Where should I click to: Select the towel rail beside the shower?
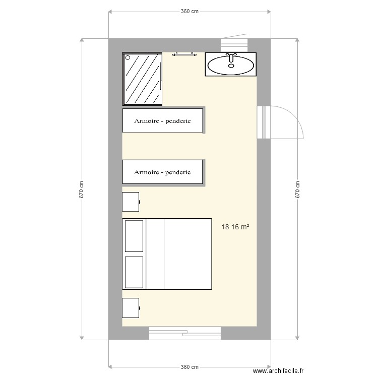pos(183,54)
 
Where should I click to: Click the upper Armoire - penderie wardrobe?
pos(162,121)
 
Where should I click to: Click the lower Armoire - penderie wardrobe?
pos(162,172)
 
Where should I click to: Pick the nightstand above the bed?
pos(131,201)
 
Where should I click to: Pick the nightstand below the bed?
pos(131,307)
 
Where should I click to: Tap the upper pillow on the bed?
pos(134,236)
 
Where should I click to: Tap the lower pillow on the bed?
pos(134,272)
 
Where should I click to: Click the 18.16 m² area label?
pos(235,227)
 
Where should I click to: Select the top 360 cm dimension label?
pos(190,11)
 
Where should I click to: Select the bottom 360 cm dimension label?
pos(190,367)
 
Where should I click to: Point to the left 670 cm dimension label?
pos(81,190)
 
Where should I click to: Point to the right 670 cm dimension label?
pos(298,190)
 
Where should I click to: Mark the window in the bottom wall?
pos(184,332)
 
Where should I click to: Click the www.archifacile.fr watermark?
pos(279,370)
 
